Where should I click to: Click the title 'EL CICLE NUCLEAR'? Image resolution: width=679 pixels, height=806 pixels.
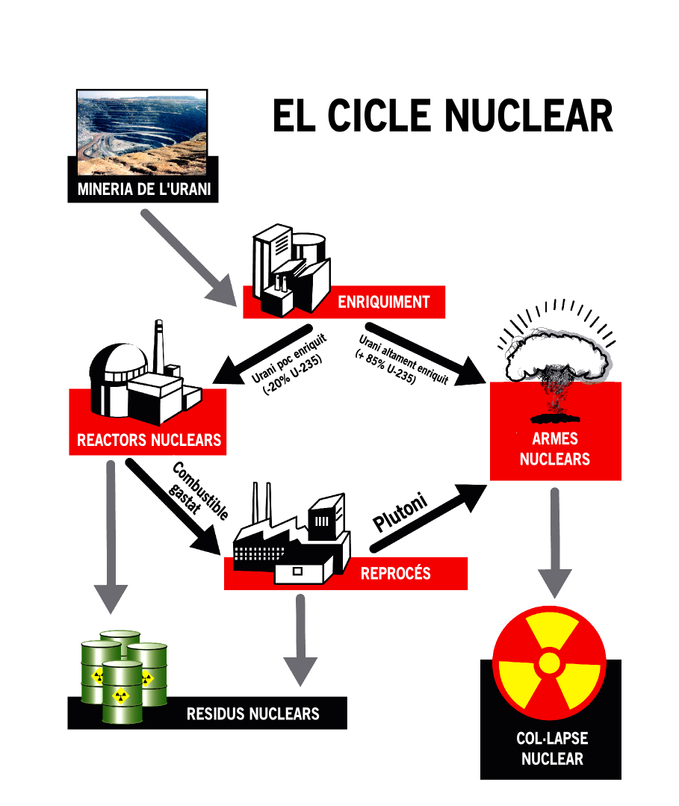(442, 116)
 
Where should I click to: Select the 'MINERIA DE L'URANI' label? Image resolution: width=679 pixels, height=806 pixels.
(144, 190)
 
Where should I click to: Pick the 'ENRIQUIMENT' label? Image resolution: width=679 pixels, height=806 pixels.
(383, 303)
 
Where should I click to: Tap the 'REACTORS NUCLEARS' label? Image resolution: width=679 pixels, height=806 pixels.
(149, 440)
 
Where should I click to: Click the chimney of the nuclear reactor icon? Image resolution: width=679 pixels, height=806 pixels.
(158, 347)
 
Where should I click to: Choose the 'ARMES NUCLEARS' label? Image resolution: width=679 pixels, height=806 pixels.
(554, 448)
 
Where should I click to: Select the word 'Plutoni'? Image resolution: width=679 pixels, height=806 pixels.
(400, 512)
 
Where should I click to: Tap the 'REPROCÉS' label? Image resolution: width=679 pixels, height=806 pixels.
(395, 574)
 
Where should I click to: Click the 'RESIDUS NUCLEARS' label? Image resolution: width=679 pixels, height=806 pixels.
(252, 713)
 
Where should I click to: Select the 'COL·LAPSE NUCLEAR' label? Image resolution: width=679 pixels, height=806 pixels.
(551, 748)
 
